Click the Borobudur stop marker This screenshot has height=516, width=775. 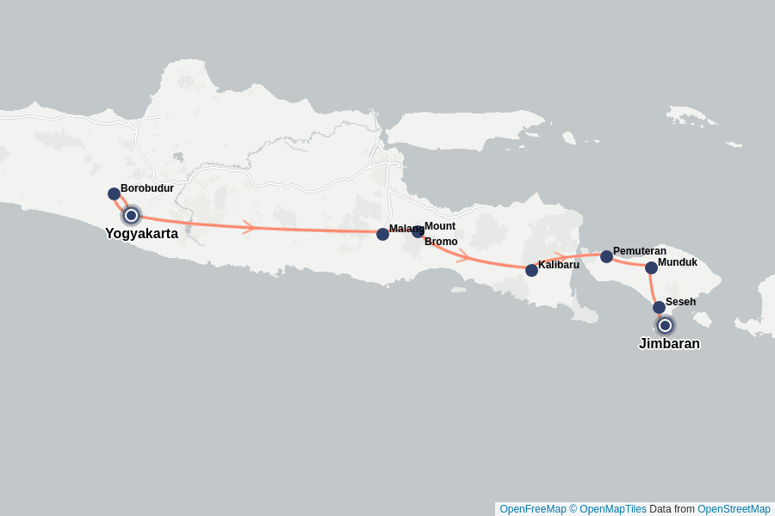coord(114,193)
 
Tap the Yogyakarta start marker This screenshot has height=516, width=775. coord(131,215)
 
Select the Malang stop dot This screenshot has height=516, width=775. coord(382,234)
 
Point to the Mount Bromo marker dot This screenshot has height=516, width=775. coord(418,231)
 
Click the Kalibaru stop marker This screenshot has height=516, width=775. coord(531,270)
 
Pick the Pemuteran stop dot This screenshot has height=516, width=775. coord(606,256)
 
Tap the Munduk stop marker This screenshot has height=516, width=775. coord(651,267)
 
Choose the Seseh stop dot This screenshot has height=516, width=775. coord(659,307)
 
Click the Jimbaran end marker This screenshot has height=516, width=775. coord(665,325)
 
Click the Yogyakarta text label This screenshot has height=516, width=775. coord(141,233)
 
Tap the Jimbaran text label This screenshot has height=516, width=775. coord(669,344)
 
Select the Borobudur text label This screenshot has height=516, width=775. coord(147,187)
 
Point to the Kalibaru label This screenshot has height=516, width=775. coord(559,264)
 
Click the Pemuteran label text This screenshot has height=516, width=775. coord(640,251)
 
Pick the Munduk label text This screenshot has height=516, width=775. coord(678,262)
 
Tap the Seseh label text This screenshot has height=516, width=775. coord(680,302)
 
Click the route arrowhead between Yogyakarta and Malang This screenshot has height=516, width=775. coord(249,227)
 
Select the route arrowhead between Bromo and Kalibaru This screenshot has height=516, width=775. coord(463,255)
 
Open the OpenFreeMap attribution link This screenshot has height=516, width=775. coord(532,509)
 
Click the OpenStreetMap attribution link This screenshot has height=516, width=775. coord(734,509)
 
